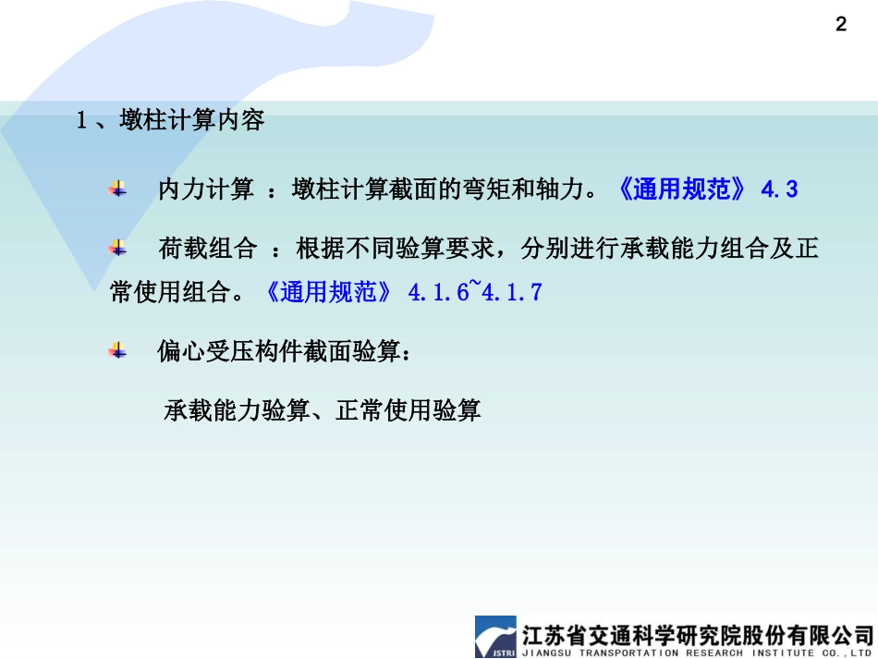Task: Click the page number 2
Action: (840, 25)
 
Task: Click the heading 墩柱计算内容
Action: (192, 120)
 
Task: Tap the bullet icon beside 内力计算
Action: (117, 189)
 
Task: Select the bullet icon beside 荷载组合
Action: (117, 248)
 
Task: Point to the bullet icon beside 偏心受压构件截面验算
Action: (117, 350)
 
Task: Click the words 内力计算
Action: (205, 190)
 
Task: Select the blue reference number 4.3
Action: (779, 190)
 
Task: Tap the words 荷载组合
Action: (205, 249)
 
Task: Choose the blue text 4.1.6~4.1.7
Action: (475, 292)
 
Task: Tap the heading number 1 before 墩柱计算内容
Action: (81, 121)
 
